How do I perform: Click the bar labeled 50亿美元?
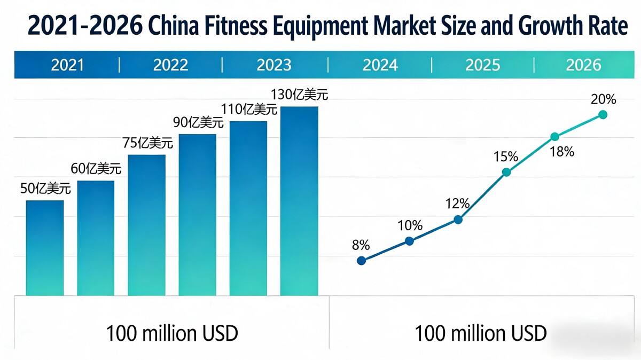coord(45,248)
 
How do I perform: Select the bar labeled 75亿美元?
coord(146,225)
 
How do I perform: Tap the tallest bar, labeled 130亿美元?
coord(299,201)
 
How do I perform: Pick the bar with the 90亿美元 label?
coord(198,215)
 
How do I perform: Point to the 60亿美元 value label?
coord(96,169)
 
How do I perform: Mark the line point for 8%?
coord(361,261)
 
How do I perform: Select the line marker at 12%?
coord(458,220)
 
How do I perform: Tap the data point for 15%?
coord(506,172)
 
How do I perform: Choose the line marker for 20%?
coord(603,114)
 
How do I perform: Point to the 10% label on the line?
coord(409,225)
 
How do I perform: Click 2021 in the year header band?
coord(67,65)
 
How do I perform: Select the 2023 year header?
coord(274,65)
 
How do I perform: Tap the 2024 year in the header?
coord(380,65)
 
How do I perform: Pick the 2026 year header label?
coord(584,65)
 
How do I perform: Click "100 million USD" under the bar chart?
coord(172,333)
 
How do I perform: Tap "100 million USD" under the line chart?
coord(481,333)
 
